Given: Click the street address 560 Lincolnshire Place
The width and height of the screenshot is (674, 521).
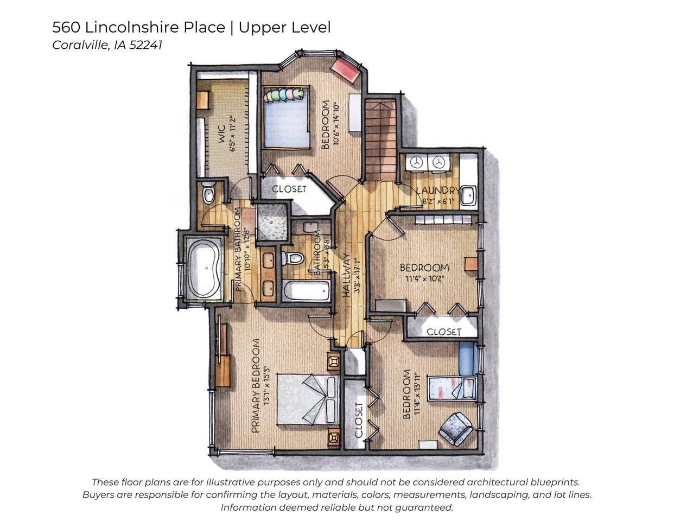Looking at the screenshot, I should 138,27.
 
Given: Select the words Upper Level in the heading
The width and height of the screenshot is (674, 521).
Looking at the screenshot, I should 284,27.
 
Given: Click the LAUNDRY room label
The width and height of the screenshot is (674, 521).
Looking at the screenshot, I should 437,190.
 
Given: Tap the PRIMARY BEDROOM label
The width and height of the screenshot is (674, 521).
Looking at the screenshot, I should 256,385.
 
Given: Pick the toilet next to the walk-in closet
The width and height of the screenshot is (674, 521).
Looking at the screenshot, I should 208,193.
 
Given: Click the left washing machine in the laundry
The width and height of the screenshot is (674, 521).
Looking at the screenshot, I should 416,162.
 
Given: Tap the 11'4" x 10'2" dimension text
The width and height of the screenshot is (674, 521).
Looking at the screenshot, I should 423,279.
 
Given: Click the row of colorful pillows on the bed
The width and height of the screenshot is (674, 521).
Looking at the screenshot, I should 284,95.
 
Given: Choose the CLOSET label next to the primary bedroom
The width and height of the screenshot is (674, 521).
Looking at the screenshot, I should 359,420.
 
